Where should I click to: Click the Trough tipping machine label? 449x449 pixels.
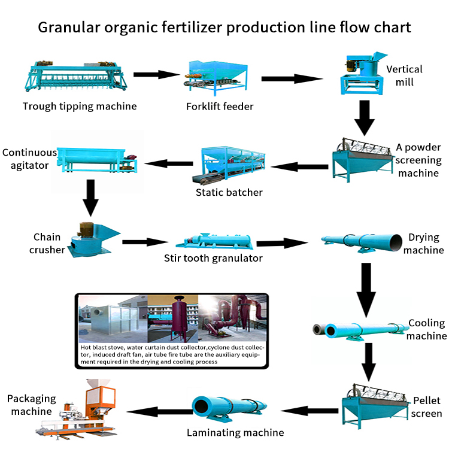80,107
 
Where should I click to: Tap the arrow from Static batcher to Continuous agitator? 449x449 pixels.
170,162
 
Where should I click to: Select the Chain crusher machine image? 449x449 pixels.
93,240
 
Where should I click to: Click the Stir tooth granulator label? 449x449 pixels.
213,259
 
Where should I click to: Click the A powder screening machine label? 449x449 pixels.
418,160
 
